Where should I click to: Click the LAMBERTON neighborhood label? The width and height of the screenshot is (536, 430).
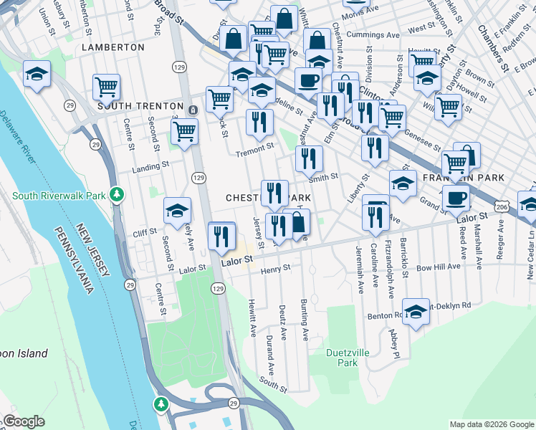coord(113,47)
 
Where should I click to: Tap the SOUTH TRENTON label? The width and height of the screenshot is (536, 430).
coord(141,106)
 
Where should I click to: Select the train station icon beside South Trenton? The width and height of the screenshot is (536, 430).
coord(193,110)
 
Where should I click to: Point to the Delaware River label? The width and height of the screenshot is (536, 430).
coord(21,143)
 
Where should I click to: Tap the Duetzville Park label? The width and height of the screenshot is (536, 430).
coord(342,358)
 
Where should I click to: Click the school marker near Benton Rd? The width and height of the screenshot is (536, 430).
coord(416,311)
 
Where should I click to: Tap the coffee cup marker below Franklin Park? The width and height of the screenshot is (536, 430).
coord(456,198)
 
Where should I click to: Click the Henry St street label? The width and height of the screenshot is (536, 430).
coord(275,269)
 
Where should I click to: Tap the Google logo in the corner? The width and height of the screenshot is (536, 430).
coord(24,421)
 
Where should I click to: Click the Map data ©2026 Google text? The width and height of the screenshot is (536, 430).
coord(491,424)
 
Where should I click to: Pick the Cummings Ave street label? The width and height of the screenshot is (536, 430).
coord(372,34)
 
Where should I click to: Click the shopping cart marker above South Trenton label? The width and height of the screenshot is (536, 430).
coord(106,87)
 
